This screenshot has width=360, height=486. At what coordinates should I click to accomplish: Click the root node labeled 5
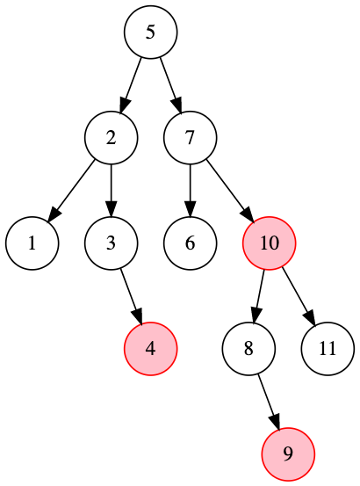point(150,32)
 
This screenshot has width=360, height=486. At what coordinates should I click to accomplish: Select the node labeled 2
point(111,138)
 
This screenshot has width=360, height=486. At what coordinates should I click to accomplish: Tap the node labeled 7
point(190,138)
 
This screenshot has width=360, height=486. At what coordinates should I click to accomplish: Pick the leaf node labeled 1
point(32,243)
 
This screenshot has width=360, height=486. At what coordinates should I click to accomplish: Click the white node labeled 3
point(111,243)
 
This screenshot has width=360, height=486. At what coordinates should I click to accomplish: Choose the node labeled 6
point(190,243)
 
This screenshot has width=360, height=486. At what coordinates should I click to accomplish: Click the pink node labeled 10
point(270,243)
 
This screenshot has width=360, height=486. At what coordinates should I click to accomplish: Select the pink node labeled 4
point(150,349)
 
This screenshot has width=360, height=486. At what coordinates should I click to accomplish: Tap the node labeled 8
point(248,349)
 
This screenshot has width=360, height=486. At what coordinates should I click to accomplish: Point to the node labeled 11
point(328,349)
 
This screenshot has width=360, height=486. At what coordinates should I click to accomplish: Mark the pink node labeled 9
point(288,454)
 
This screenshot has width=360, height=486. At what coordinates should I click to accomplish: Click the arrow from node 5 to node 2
point(131,85)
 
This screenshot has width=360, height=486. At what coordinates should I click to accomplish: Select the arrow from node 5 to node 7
point(170,85)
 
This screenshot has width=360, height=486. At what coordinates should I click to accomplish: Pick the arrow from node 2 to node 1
point(71,191)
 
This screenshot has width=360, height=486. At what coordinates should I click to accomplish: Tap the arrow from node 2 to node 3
point(111,191)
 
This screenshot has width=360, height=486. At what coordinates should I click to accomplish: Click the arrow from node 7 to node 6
point(190,191)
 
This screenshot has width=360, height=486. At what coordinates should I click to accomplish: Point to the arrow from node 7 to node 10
point(230,191)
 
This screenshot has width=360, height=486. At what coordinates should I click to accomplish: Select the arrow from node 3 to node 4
point(131,296)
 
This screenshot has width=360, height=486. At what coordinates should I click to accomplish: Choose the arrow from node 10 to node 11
point(299,296)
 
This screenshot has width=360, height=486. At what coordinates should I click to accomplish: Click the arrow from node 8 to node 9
point(269,402)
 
